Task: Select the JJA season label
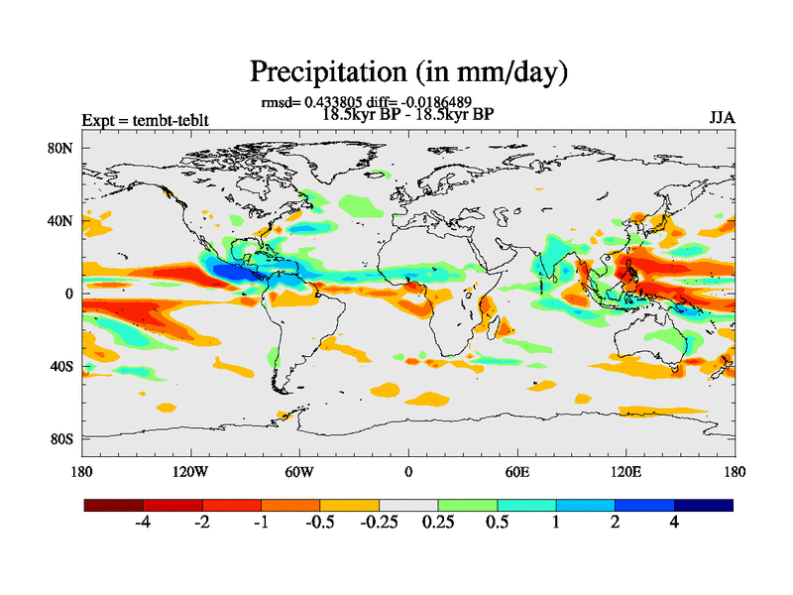pos(722,118)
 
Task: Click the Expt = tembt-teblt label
pos(146,121)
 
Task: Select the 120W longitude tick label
pos(189,471)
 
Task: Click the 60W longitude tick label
pos(299,471)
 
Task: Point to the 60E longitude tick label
pos(516,471)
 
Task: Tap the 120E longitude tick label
pos(626,471)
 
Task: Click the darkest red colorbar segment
pos(114,505)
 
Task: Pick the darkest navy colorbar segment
pos(704,505)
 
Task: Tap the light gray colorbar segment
pos(408,505)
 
